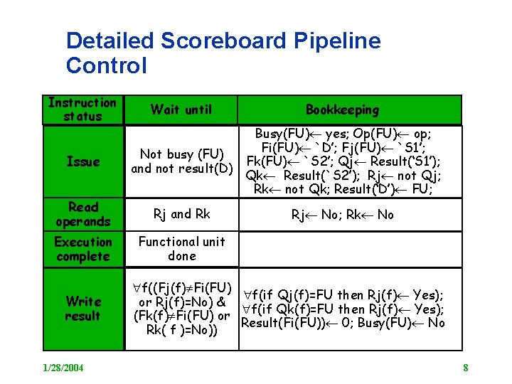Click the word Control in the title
pos(106,66)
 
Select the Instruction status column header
pos(82,110)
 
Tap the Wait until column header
pos(181,109)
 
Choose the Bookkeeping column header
pos(342,110)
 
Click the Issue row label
pos(82,161)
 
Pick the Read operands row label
pos(82,214)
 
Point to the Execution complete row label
pos(82,249)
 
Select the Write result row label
pos(82,309)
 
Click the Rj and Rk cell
pos(181,214)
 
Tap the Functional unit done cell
pos(181,248)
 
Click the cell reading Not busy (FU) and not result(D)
pos(182,161)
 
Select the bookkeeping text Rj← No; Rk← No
pos(342,214)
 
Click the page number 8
pos(465,368)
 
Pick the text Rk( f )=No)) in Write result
pos(181,330)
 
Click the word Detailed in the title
pos(110,41)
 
